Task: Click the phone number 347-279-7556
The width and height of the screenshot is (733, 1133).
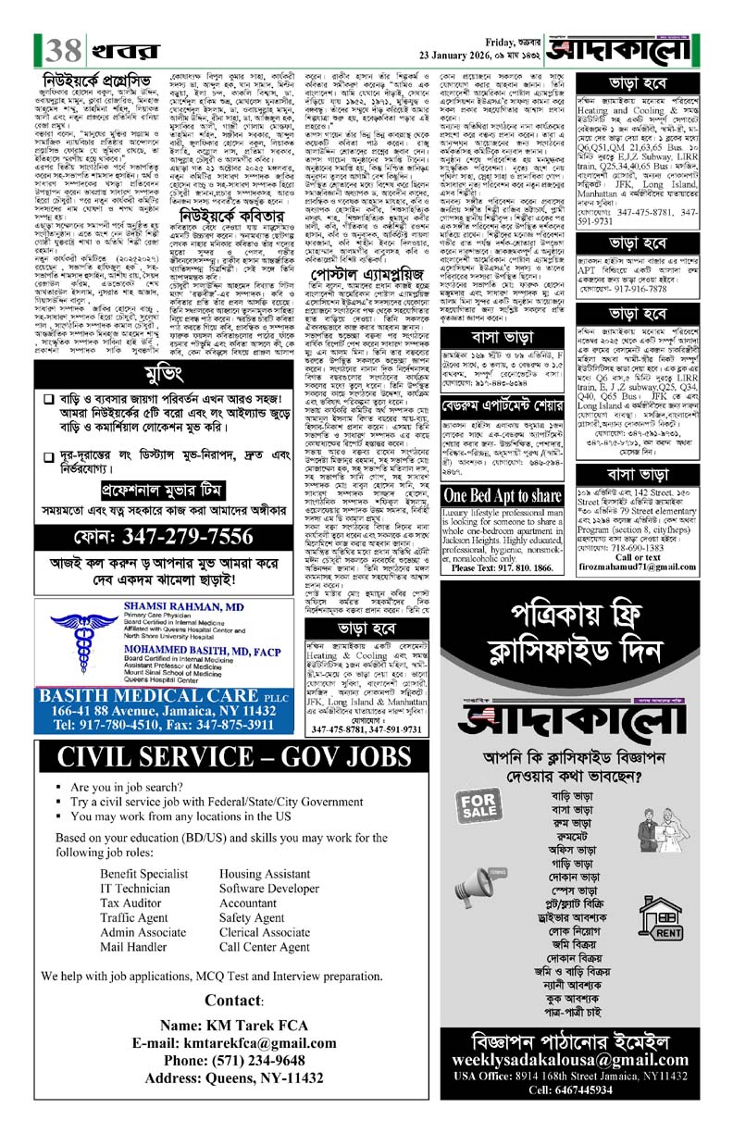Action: (x=187, y=538)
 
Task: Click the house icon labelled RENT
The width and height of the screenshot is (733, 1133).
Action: (x=665, y=896)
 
